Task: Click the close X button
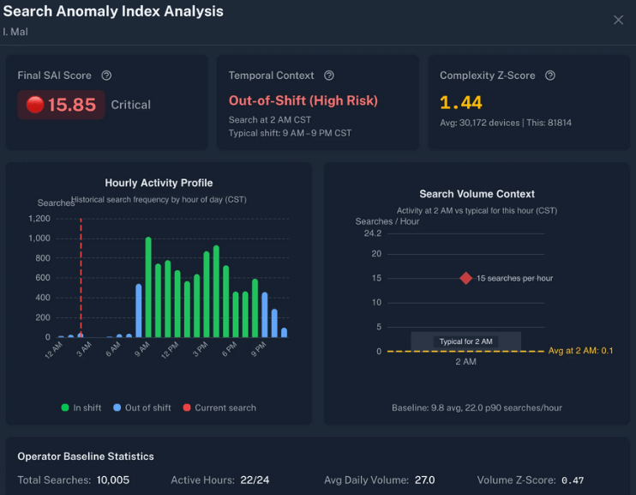click(618, 20)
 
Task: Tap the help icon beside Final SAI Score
click(106, 75)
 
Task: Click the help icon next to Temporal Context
click(329, 75)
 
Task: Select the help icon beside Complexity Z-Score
click(550, 75)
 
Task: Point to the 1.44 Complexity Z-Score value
click(461, 103)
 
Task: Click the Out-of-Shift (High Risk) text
click(303, 100)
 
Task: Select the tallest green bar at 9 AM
click(148, 287)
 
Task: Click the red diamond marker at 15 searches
click(465, 278)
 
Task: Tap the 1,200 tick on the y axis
click(39, 219)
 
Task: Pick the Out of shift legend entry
click(142, 407)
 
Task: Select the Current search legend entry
click(219, 407)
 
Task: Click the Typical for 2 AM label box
click(465, 341)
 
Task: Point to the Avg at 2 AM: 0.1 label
click(580, 351)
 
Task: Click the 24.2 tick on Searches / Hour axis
click(372, 233)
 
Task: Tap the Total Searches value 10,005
click(113, 480)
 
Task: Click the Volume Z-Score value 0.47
click(573, 480)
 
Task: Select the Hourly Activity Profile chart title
click(159, 183)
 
